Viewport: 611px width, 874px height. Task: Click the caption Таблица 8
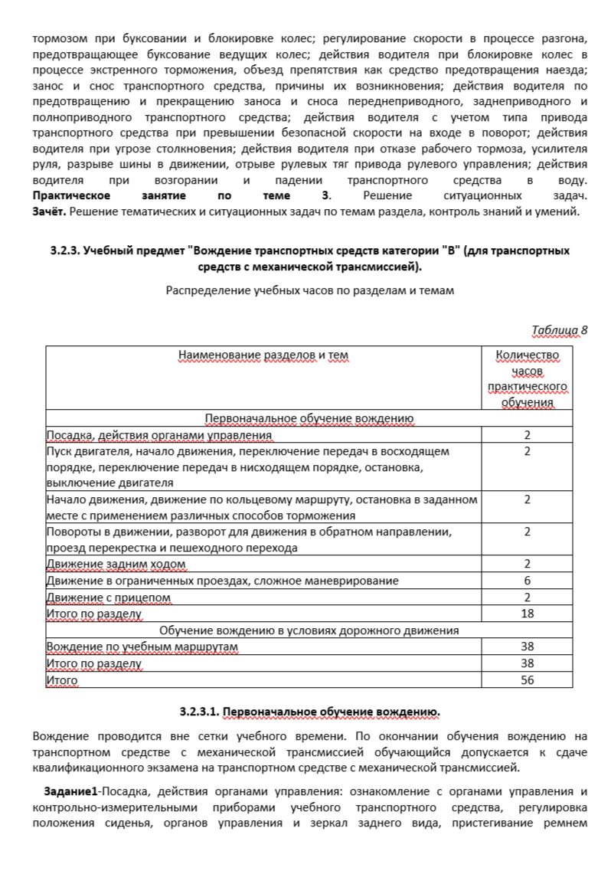coord(559,330)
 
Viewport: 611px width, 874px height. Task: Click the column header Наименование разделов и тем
coord(263,355)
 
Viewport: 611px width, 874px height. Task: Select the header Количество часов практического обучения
coord(528,378)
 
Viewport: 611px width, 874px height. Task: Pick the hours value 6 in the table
coord(528,581)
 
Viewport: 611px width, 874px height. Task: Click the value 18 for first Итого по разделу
coord(528,614)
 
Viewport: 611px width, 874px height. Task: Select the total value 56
coord(528,679)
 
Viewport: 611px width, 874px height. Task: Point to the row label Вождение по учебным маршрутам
coord(142,647)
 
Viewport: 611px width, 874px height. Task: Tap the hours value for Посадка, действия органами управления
coord(528,435)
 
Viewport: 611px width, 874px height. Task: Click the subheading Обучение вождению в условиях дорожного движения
coord(309,630)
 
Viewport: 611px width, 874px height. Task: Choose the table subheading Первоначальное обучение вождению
coord(309,418)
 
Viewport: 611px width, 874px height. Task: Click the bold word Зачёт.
coord(49,211)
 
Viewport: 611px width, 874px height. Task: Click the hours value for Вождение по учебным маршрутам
coord(528,647)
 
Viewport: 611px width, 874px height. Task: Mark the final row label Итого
coord(62,679)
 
